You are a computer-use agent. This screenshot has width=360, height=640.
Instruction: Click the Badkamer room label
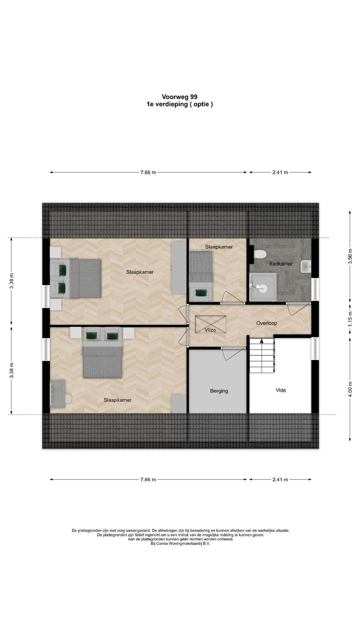click(281, 264)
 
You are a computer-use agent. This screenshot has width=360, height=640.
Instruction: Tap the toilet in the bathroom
click(260, 254)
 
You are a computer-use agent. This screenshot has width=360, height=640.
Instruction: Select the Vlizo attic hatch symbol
click(210, 324)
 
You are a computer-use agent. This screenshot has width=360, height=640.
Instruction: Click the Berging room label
click(219, 391)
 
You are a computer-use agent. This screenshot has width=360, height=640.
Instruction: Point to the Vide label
click(280, 390)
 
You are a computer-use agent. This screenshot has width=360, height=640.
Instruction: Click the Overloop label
click(266, 323)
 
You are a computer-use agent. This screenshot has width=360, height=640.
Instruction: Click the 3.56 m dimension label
click(350, 256)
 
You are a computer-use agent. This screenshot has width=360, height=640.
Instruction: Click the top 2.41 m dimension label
click(280, 172)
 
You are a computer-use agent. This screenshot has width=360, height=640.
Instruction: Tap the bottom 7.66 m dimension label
click(148, 480)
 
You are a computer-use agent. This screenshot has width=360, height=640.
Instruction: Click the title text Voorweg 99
click(180, 97)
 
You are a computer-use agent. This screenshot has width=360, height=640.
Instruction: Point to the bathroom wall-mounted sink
click(306, 266)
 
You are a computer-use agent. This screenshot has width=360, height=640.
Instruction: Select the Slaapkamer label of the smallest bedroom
click(219, 247)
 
